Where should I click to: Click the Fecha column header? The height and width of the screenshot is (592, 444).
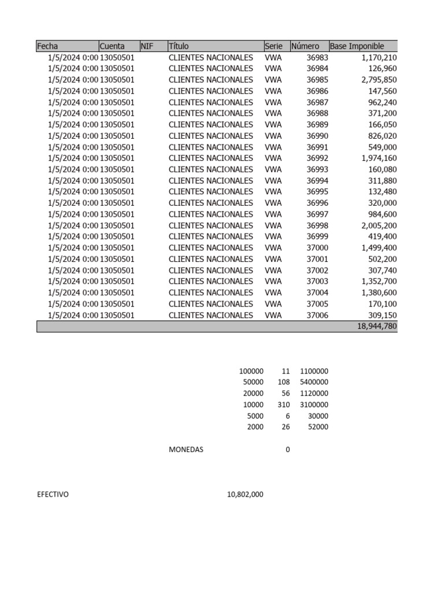pyautogui.click(x=47, y=46)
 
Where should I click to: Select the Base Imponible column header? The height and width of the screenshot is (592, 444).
pyautogui.click(x=357, y=46)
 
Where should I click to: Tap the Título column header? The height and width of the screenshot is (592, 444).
pyautogui.click(x=179, y=46)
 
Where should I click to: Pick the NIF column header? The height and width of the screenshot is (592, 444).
pyautogui.click(x=147, y=46)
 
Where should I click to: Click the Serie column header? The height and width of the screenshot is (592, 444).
pyautogui.click(x=273, y=46)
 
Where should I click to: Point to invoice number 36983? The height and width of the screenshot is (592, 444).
pyautogui.click(x=317, y=57)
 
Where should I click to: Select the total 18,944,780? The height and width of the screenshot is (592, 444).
pyautogui.click(x=373, y=327)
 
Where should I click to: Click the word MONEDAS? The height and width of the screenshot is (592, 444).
pyautogui.click(x=186, y=450)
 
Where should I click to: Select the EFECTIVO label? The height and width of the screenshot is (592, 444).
pyautogui.click(x=53, y=495)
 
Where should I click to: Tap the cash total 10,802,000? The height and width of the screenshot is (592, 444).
pyautogui.click(x=245, y=495)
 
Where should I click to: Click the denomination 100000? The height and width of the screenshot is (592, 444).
pyautogui.click(x=250, y=371)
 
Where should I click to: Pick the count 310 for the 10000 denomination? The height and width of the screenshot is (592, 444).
pyautogui.click(x=283, y=405)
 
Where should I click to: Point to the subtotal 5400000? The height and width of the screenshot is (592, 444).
pyautogui.click(x=314, y=382)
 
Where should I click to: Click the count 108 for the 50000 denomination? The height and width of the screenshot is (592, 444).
pyautogui.click(x=283, y=382)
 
